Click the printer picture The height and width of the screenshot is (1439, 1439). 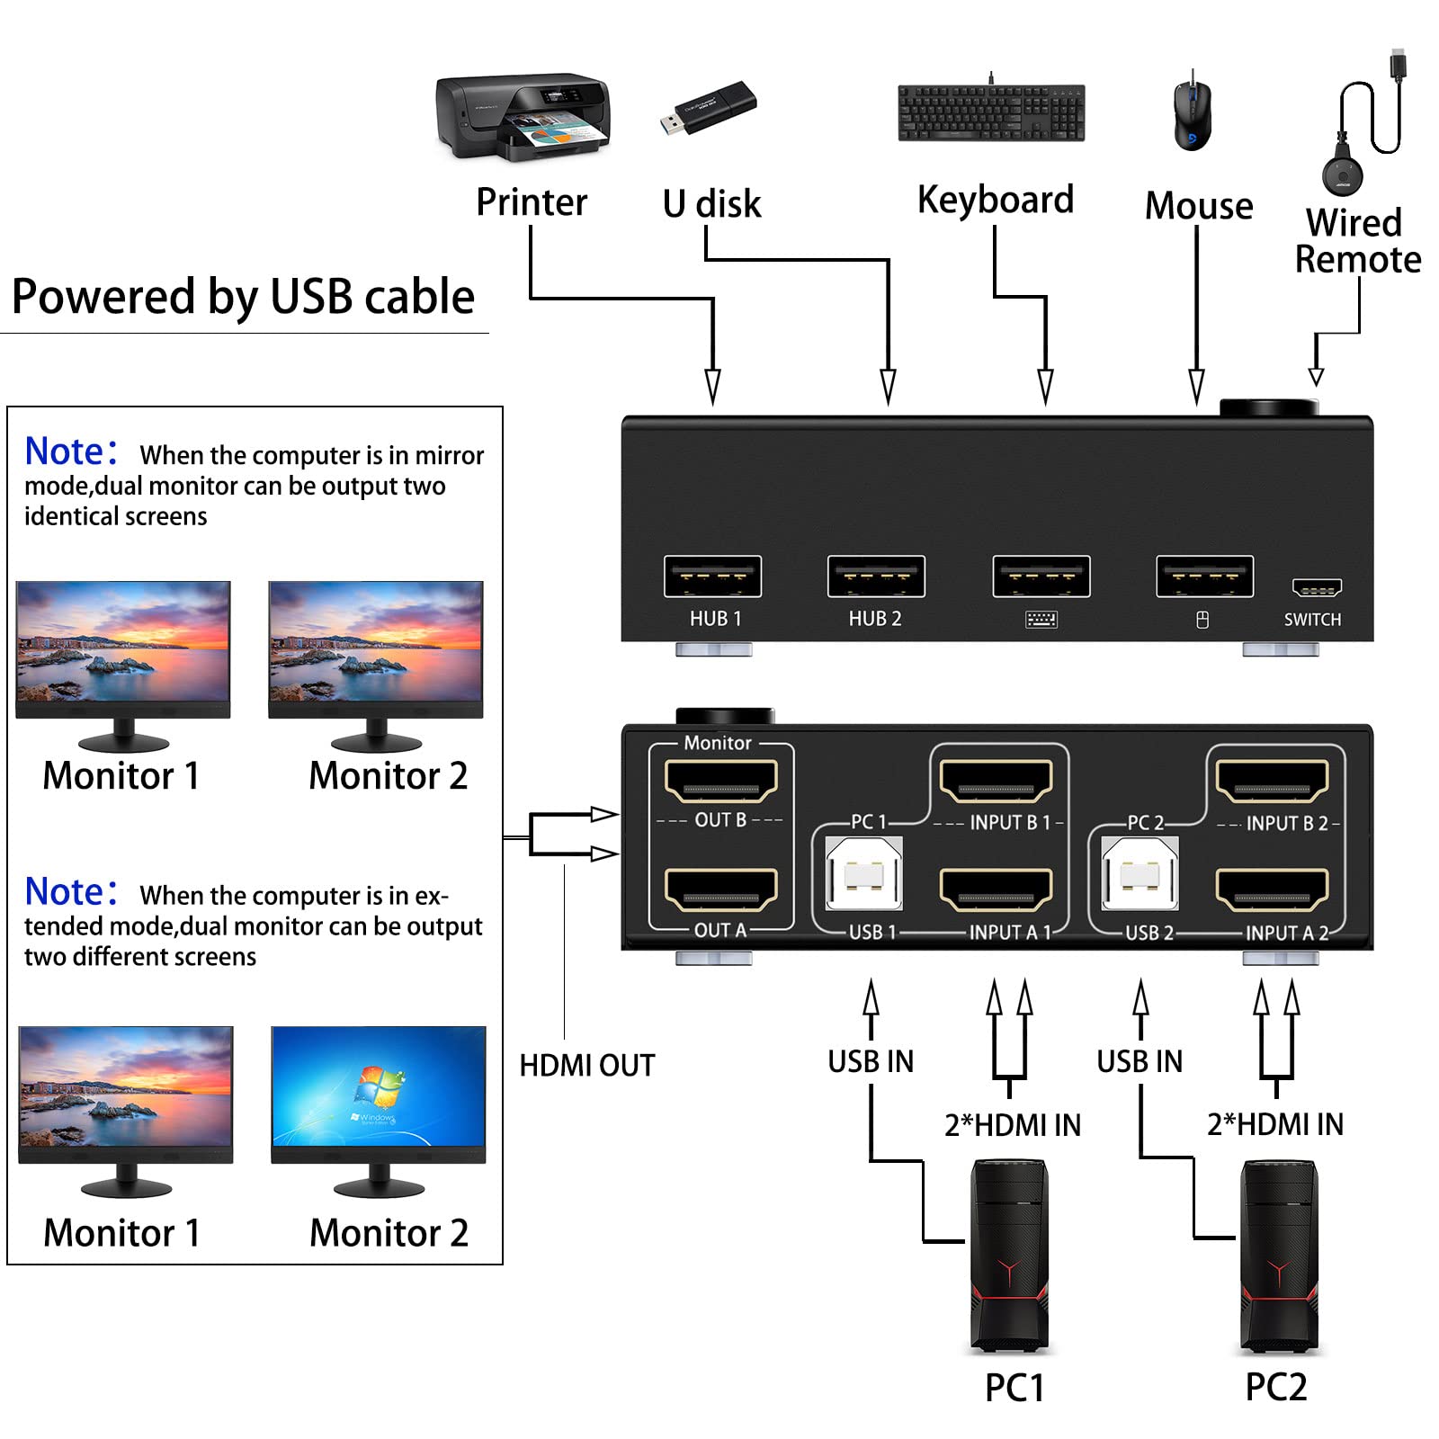(523, 117)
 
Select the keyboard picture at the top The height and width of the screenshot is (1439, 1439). (991, 112)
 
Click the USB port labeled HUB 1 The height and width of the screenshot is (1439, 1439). (712, 576)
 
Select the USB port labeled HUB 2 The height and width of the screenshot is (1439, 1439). (876, 576)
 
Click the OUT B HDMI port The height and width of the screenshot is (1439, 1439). (720, 781)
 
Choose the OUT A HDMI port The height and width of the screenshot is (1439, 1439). (720, 890)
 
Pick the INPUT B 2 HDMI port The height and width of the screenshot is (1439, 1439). (1272, 781)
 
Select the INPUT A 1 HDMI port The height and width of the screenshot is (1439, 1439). (996, 890)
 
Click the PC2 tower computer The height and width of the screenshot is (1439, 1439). (1278, 1256)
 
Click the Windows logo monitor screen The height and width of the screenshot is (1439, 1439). (378, 1086)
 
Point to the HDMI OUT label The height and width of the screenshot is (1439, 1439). (586, 1066)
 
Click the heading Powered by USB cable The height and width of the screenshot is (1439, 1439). (243, 297)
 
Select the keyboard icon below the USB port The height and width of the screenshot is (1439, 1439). (1041, 620)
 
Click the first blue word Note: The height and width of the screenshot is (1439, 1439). (70, 451)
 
